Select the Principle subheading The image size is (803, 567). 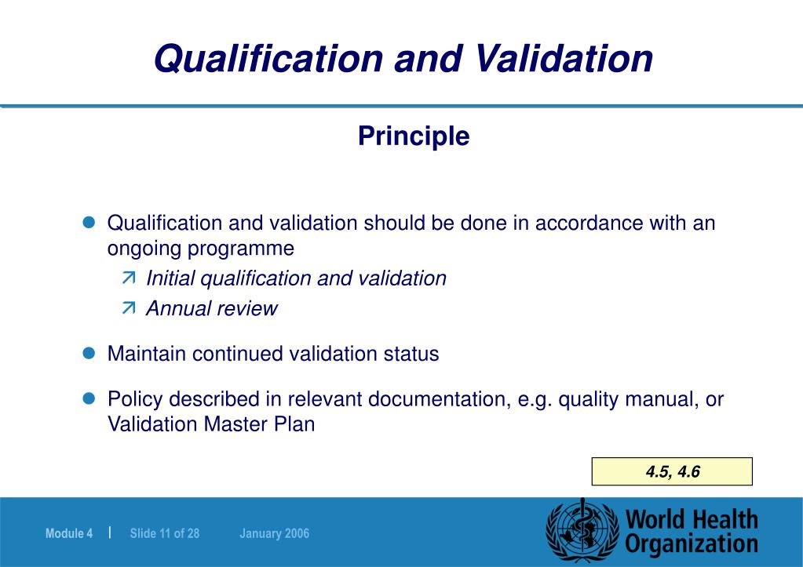pyautogui.click(x=414, y=136)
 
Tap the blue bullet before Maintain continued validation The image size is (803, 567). pyautogui.click(x=89, y=353)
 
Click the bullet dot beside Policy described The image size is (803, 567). pyautogui.click(x=89, y=398)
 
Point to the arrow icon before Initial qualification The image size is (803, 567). pyautogui.click(x=129, y=278)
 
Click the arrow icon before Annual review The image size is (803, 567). pyautogui.click(x=129, y=308)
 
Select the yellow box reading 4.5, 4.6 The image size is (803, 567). pyautogui.click(x=672, y=471)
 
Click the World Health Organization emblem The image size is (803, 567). pyautogui.click(x=582, y=531)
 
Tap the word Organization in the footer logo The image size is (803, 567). pyautogui.click(x=692, y=543)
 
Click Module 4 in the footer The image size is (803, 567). pyautogui.click(x=69, y=534)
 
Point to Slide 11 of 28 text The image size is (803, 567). pyautogui.click(x=165, y=534)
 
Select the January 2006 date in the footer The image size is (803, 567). pyautogui.click(x=275, y=534)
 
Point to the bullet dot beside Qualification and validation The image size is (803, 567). pyautogui.click(x=89, y=223)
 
